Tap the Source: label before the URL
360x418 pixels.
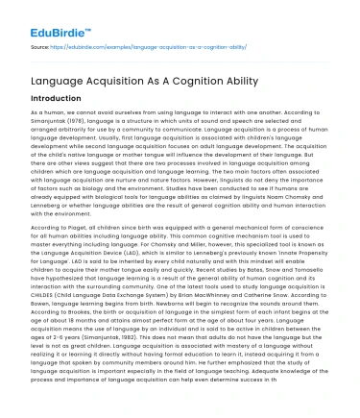41,44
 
